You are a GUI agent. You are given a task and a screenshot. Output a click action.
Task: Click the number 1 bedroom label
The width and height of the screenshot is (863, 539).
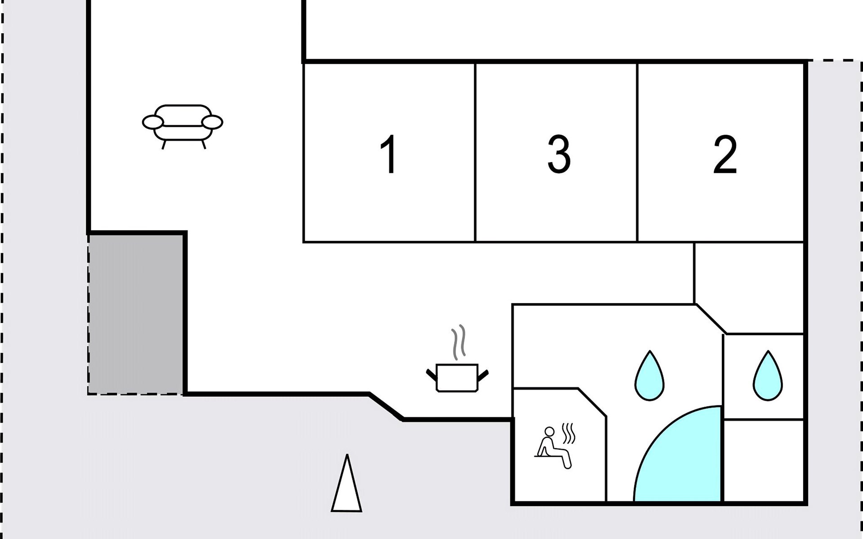(x=389, y=154)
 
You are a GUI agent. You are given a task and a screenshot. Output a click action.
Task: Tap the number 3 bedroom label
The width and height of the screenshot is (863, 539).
(x=559, y=154)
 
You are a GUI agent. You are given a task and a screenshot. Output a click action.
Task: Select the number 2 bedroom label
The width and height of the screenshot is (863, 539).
(x=725, y=154)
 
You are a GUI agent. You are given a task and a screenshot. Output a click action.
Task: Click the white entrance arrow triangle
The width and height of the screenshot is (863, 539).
(x=347, y=487)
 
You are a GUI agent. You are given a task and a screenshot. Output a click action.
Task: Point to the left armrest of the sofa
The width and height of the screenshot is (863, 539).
(x=153, y=122)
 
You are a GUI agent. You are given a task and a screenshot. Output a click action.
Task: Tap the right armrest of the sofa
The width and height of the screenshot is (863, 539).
(x=212, y=122)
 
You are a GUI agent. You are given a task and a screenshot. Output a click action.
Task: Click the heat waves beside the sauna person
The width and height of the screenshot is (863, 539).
(x=569, y=433)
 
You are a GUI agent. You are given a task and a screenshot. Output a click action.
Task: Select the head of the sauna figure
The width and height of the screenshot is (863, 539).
(x=549, y=431)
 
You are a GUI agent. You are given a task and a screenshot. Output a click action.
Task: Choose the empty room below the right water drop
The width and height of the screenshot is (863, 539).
(x=763, y=460)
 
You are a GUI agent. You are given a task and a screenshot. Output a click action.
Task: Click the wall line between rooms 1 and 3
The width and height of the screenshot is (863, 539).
(x=475, y=153)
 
